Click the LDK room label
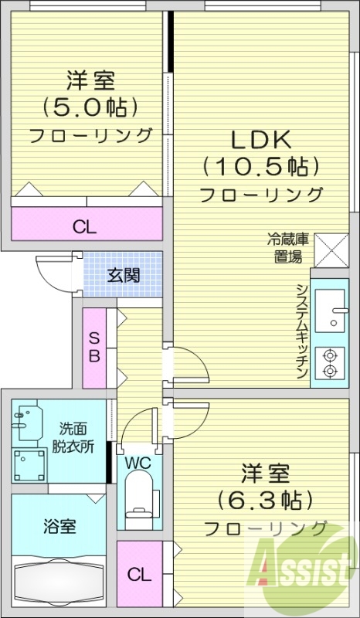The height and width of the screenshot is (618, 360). (259, 140)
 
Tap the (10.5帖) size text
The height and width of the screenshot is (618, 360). (260, 166)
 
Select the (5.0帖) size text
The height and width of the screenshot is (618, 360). (90, 106)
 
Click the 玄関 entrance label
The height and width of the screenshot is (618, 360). (124, 274)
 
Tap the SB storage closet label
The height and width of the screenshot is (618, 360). (93, 348)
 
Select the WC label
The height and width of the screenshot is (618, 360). (138, 463)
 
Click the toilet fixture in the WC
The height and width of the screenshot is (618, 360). (139, 502)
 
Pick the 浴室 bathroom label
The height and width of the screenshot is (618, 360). (58, 527)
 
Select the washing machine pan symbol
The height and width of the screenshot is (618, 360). (29, 465)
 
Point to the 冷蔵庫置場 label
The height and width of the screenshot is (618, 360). (288, 248)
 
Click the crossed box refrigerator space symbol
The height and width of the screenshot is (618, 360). (332, 250)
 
